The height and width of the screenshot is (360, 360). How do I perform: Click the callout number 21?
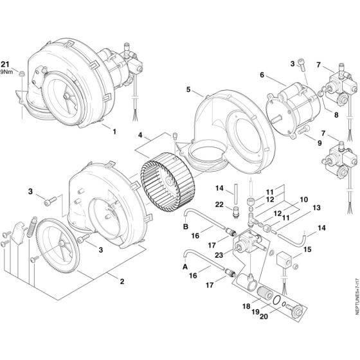6,64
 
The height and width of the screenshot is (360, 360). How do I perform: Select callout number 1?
114,131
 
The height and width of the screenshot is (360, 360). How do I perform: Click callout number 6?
262,75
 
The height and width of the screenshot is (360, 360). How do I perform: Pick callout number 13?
315,208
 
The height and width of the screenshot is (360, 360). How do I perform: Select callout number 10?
304,199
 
